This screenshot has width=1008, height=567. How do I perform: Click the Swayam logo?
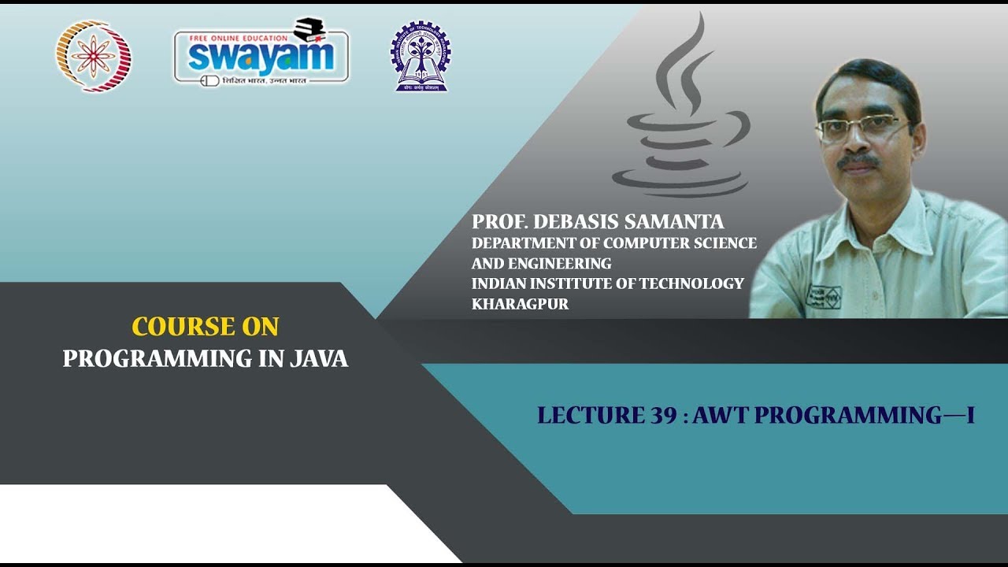click(261, 55)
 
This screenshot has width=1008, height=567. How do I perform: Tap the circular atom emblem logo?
click(94, 56)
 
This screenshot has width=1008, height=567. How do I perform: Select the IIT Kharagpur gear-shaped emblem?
click(421, 56)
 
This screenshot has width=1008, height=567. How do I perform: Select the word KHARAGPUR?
click(520, 303)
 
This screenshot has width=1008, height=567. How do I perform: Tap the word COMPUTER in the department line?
click(639, 243)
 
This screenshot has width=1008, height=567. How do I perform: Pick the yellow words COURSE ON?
click(206, 326)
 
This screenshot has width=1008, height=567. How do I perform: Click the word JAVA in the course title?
click(318, 358)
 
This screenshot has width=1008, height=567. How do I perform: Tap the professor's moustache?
click(858, 162)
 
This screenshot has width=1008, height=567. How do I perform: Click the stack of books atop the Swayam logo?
click(309, 30)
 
